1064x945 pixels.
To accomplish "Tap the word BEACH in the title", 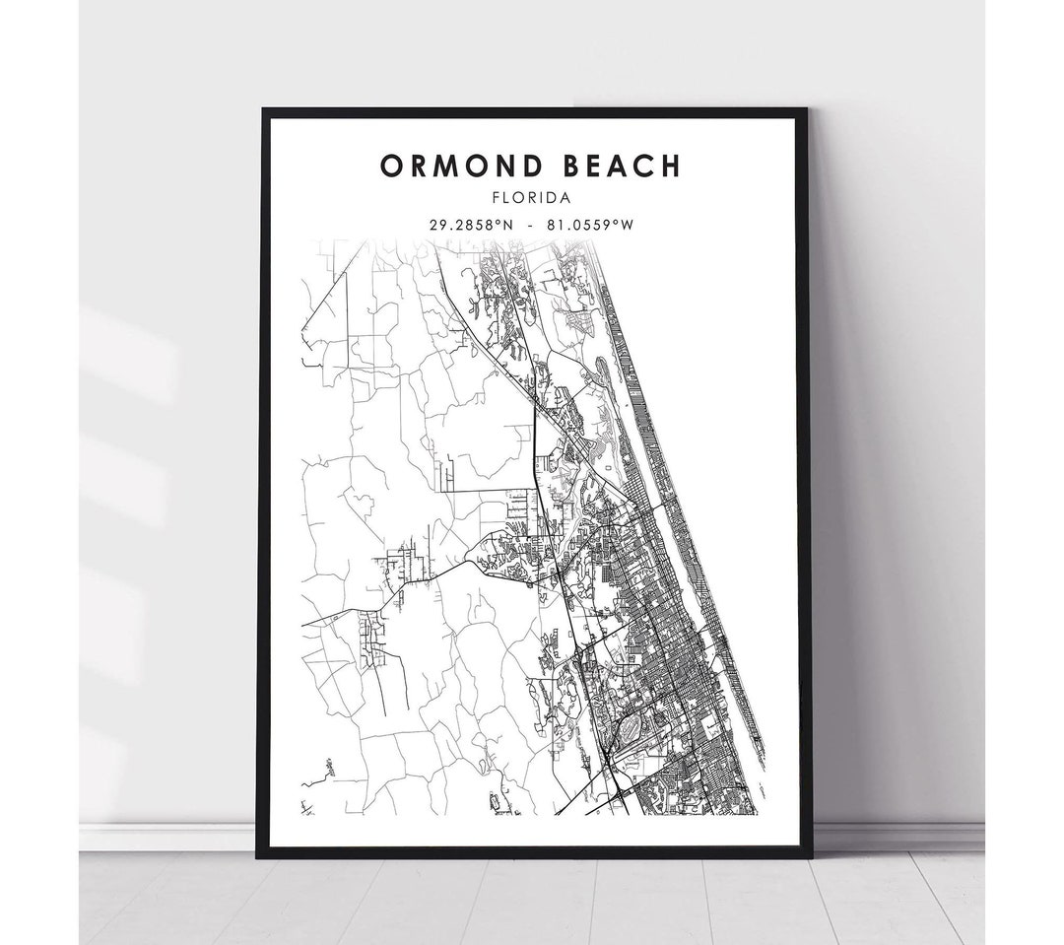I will [x=621, y=166].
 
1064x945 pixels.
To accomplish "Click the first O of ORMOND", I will [x=391, y=166].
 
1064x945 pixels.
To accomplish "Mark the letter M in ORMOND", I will [x=447, y=166].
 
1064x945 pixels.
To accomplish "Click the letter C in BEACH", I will [x=645, y=166].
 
